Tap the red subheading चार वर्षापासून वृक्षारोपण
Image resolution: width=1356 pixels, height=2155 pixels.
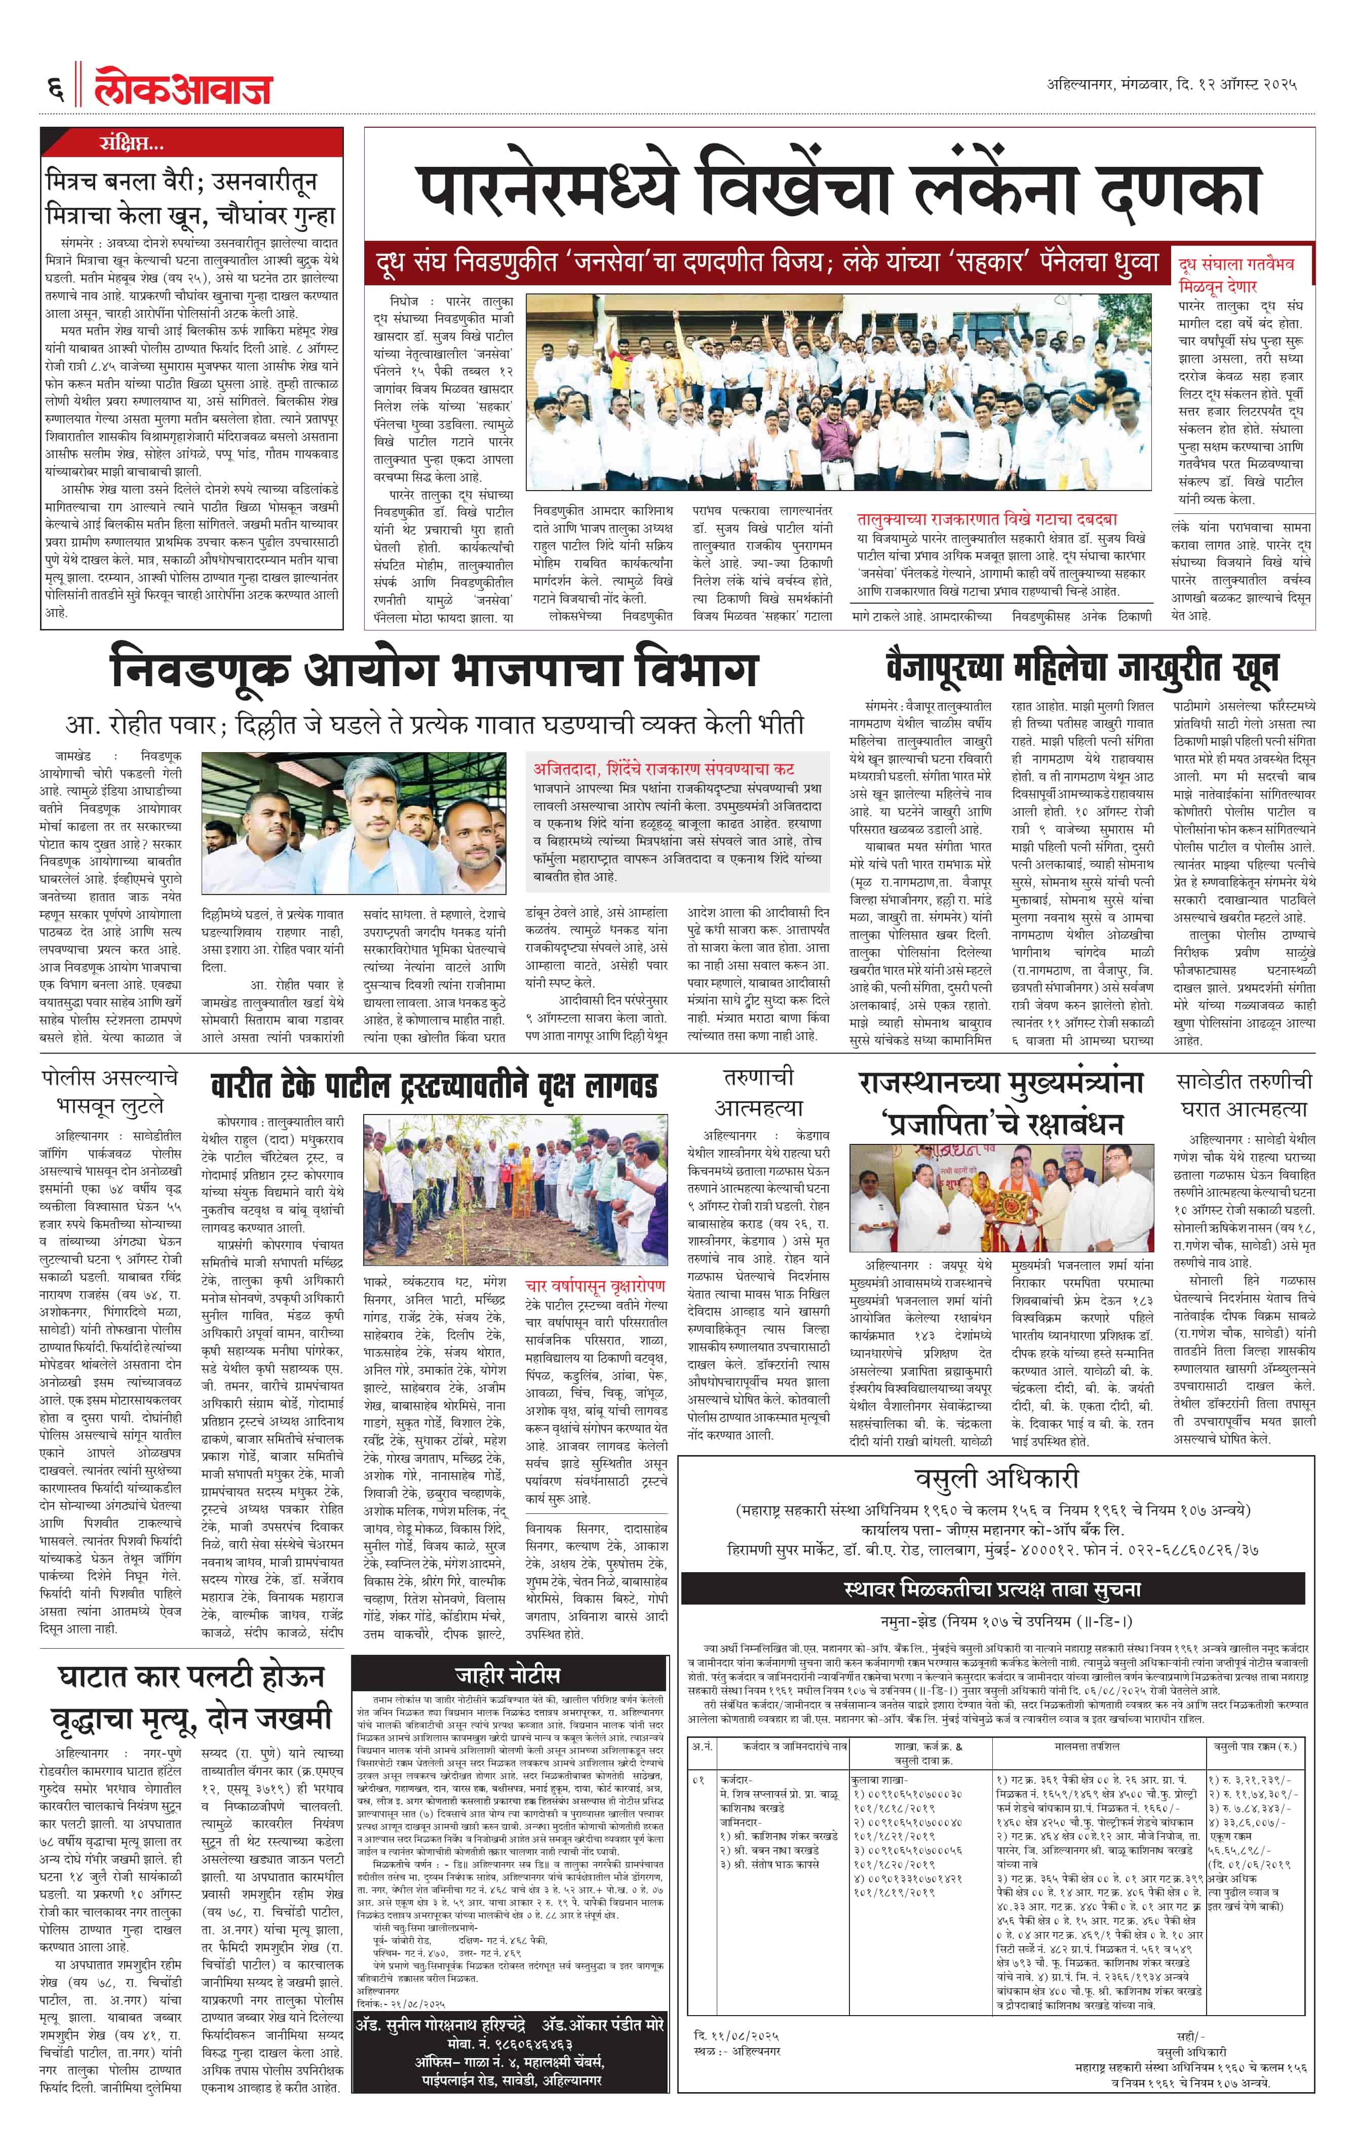(x=595, y=1286)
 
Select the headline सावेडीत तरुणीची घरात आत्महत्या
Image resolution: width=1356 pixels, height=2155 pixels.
(x=1244, y=1094)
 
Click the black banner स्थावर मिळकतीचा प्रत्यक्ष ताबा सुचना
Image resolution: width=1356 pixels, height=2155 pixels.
(x=992, y=1589)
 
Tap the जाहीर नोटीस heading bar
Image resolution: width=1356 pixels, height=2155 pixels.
(x=507, y=1676)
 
